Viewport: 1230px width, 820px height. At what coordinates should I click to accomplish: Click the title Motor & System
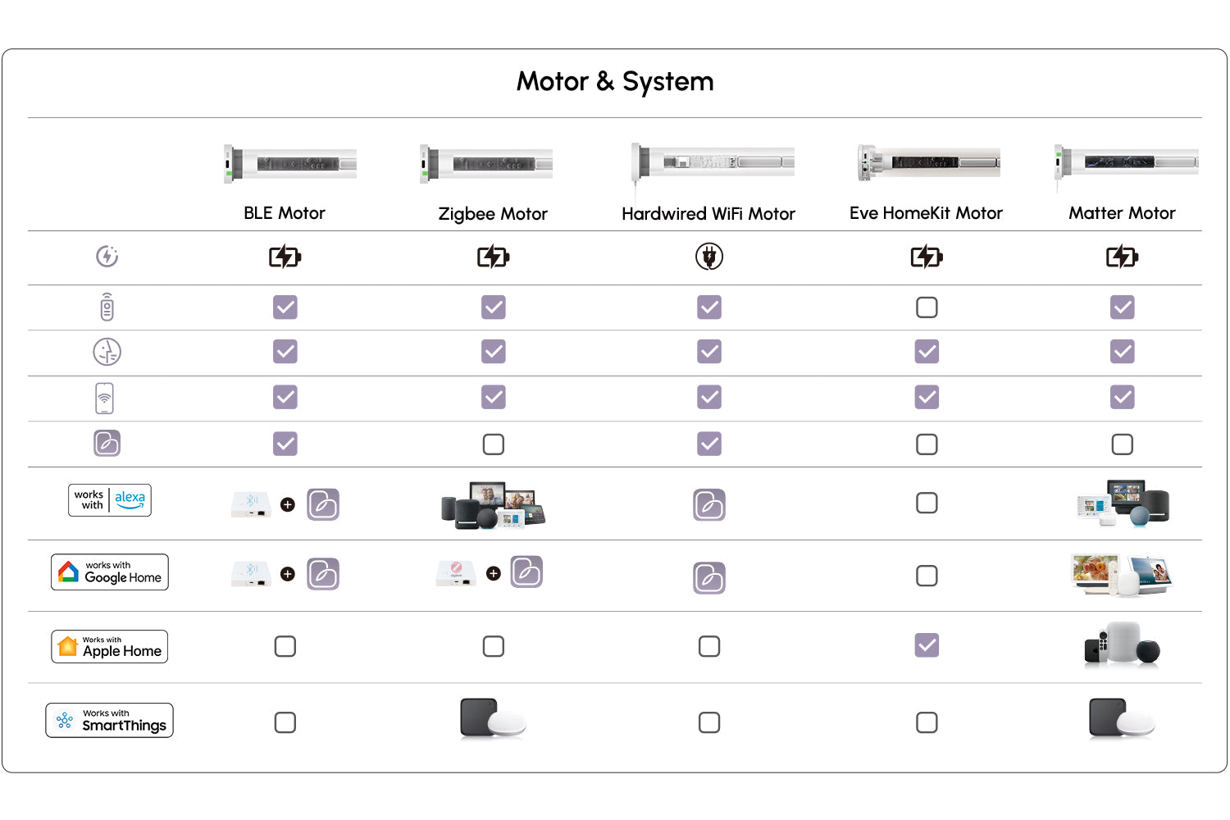tap(615, 82)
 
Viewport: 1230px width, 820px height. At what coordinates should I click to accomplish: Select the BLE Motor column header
tap(285, 213)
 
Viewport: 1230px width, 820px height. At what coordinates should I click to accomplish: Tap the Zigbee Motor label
tap(493, 214)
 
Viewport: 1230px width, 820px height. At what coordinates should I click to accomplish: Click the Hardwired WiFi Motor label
tap(708, 214)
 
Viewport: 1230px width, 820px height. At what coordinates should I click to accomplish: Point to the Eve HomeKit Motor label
tap(926, 213)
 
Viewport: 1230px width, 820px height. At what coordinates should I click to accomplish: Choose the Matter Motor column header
tap(1122, 213)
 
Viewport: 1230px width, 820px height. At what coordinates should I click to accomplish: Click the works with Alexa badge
tap(110, 500)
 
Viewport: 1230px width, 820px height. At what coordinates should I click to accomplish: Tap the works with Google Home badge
tap(110, 572)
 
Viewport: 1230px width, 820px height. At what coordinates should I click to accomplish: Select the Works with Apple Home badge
tap(110, 646)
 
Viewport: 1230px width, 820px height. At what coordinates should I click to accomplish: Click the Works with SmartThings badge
tap(110, 721)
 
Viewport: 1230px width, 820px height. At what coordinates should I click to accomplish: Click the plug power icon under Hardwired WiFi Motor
tap(709, 257)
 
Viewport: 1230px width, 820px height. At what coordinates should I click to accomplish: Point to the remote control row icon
tap(107, 307)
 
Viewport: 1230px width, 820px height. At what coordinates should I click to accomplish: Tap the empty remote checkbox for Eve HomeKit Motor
tap(927, 307)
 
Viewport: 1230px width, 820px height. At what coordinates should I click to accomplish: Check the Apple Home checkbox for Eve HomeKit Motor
tap(927, 645)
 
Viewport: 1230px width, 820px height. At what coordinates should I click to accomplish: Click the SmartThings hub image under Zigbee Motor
tap(493, 719)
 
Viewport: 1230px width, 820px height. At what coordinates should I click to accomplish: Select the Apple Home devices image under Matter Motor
tap(1122, 645)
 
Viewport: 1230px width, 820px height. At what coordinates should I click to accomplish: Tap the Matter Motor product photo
tap(1127, 162)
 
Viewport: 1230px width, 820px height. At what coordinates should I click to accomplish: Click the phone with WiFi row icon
tap(105, 399)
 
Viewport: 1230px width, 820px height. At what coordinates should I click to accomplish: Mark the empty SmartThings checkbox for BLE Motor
tap(285, 722)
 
